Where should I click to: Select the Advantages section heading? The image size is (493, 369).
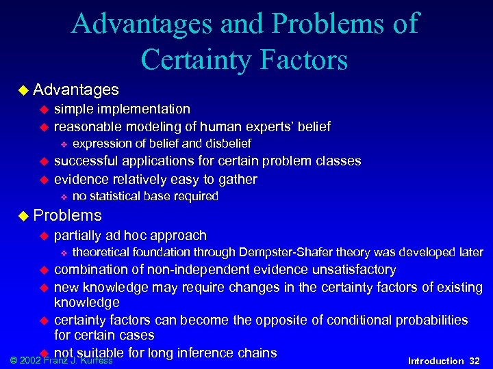tap(75, 90)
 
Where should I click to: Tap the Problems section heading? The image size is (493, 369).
tap(67, 216)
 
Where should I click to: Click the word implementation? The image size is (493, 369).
tap(144, 109)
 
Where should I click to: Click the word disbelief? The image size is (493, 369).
tap(225, 143)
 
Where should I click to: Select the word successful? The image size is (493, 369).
tap(86, 161)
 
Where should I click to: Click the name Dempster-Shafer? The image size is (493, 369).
tap(297, 252)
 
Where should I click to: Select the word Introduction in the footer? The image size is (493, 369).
tap(435, 361)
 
